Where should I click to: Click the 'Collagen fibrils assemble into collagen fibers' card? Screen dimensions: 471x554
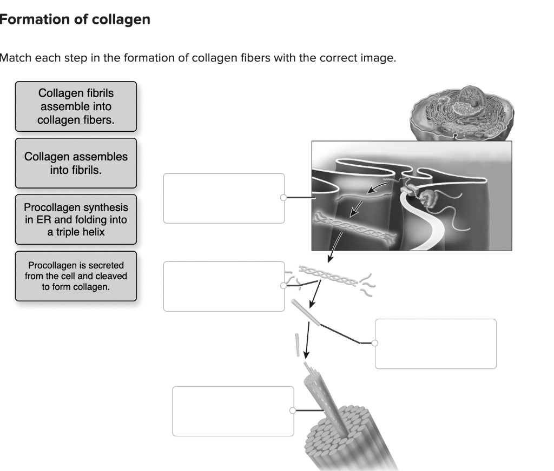point(76,106)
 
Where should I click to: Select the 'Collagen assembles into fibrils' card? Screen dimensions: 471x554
point(76,163)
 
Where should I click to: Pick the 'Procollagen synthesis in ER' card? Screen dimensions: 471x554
point(76,219)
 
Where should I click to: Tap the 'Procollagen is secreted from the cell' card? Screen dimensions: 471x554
point(76,276)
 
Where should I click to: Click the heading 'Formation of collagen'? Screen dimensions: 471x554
point(74,20)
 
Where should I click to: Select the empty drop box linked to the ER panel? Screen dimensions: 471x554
point(224,198)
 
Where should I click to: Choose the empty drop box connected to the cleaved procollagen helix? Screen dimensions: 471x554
point(224,286)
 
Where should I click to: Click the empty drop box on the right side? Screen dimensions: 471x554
point(436,344)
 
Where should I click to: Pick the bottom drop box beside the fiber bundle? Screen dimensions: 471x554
point(233,411)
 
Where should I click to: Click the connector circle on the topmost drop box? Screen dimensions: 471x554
point(283,198)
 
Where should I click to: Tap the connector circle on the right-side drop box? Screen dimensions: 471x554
point(375,342)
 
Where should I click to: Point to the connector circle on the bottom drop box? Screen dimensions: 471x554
point(293,411)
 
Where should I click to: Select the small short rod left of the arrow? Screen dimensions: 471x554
point(297,345)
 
